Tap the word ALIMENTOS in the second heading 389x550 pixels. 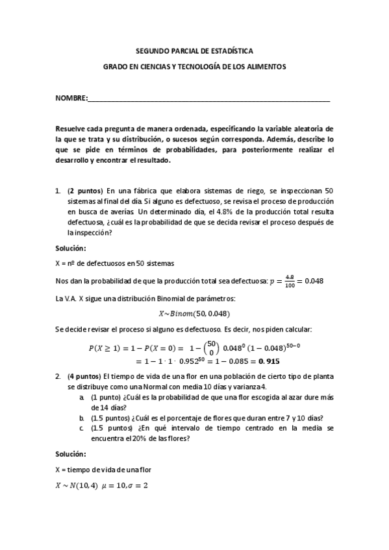tap(262, 67)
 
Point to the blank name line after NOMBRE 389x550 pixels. tap(208, 99)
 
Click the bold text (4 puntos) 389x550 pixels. tap(84, 376)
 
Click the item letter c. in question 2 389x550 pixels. tap(81, 428)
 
